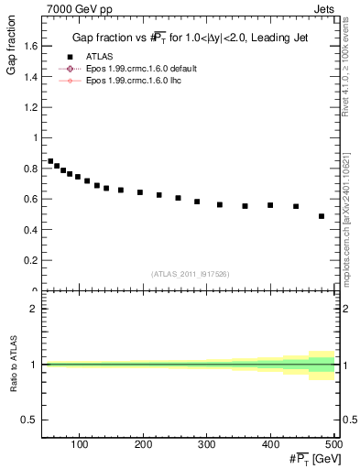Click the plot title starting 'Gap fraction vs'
click(190, 38)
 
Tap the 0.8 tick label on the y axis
click(30, 169)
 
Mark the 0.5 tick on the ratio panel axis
click(30, 420)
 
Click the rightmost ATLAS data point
click(322, 216)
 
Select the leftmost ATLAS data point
click(50, 161)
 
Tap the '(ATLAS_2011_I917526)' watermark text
click(190, 274)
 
